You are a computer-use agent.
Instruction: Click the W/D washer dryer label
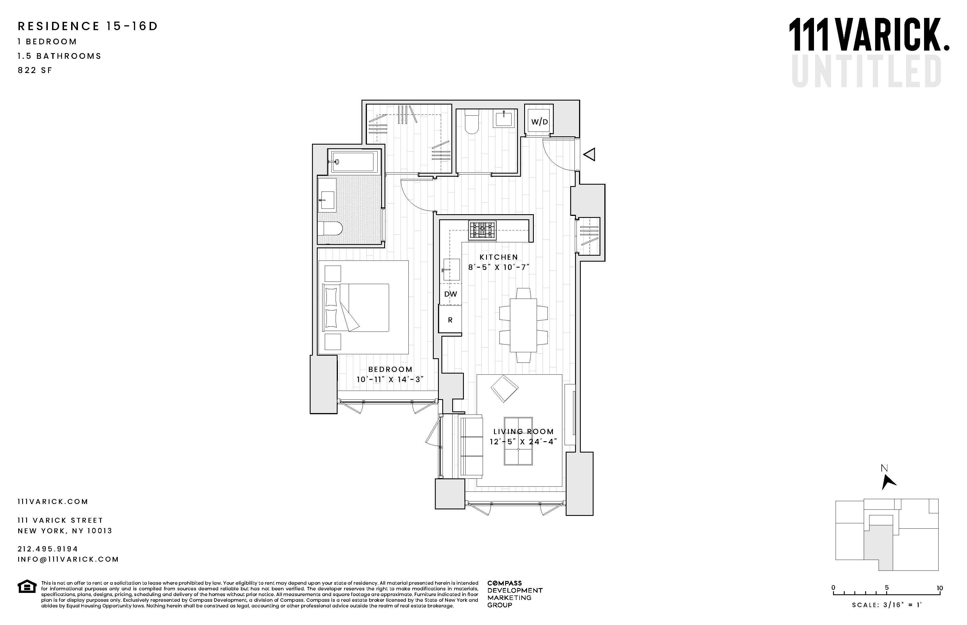point(539,122)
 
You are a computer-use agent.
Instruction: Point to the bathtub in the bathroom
point(353,162)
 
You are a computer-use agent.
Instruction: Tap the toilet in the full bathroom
point(330,228)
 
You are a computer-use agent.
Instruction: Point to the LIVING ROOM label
point(523,432)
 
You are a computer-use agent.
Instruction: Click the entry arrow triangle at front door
point(590,154)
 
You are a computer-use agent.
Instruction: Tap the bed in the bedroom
point(356,308)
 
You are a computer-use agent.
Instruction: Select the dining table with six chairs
point(523,325)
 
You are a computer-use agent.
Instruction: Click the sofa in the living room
point(471,446)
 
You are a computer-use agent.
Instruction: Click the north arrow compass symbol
point(888,482)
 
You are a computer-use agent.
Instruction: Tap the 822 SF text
point(35,70)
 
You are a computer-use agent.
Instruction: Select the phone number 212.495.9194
point(48,549)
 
